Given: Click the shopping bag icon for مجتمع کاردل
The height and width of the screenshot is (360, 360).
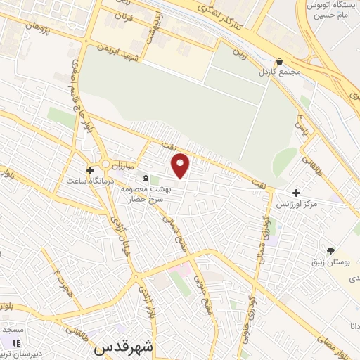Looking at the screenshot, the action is pyautogui.click(x=279, y=62).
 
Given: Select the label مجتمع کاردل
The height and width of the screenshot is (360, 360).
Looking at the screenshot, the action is pyautogui.click(x=279, y=72).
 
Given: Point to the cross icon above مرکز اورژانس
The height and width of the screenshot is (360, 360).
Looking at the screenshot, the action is pyautogui.click(x=297, y=193).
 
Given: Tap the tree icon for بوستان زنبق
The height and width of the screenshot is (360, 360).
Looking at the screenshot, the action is pyautogui.click(x=330, y=250).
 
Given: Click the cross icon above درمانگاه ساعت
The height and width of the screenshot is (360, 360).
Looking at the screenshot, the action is pyautogui.click(x=90, y=170).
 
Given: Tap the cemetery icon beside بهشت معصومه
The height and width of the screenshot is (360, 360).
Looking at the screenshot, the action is pyautogui.click(x=146, y=178).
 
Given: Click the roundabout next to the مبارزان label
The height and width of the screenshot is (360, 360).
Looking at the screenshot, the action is pyautogui.click(x=107, y=165).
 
